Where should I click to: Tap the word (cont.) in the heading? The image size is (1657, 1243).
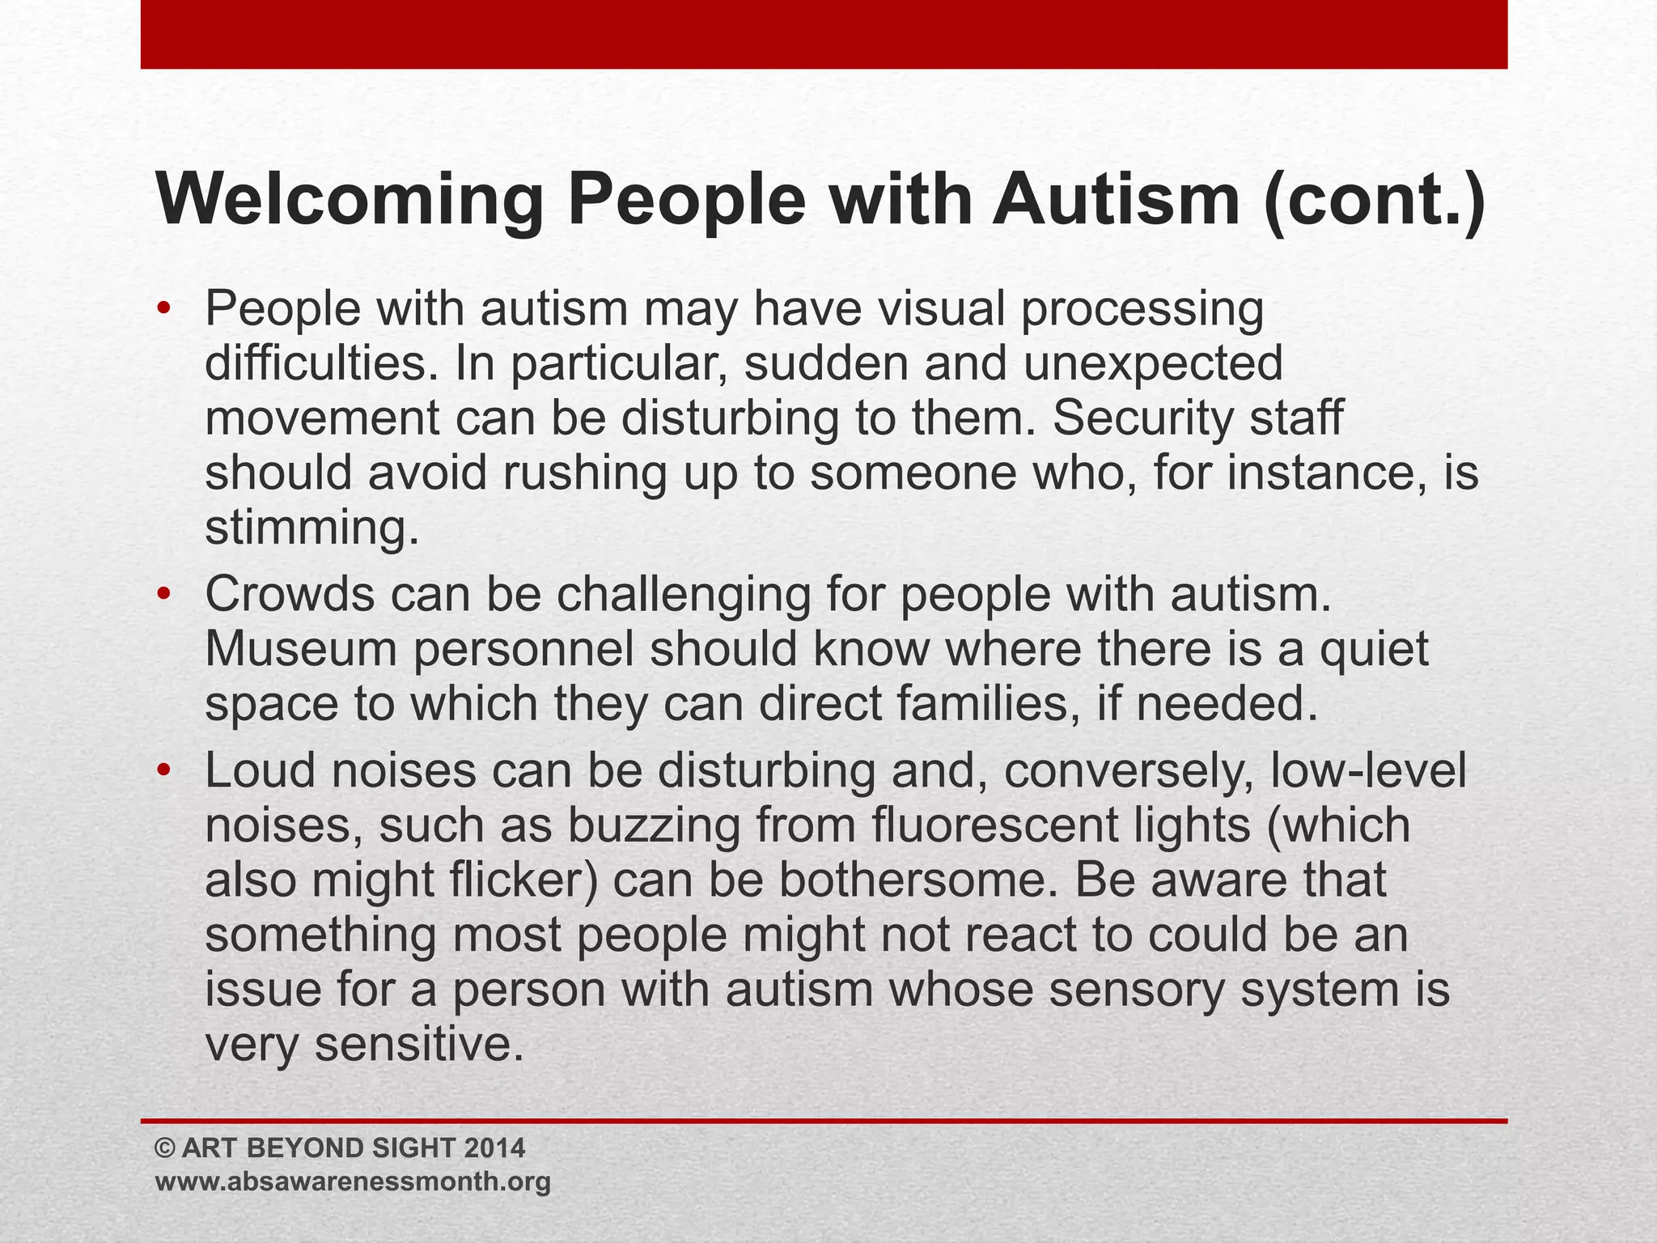point(1375,200)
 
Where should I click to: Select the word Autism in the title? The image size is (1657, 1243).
point(1117,200)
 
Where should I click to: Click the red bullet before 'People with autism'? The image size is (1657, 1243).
point(164,309)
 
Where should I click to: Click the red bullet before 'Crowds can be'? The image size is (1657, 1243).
point(164,595)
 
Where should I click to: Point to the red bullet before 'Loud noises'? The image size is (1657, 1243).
point(164,770)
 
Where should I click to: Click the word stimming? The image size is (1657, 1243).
point(311,528)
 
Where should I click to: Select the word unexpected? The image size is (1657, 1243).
point(1153,363)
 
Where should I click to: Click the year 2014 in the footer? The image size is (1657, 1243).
point(495,1148)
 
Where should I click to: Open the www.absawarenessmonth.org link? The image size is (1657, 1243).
point(353,1181)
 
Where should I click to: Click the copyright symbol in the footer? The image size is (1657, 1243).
point(164,1148)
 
